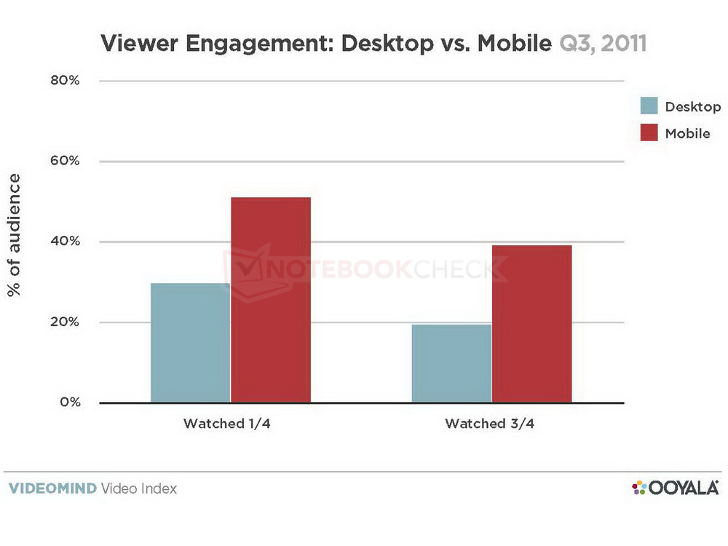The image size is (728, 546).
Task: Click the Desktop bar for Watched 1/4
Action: click(x=191, y=343)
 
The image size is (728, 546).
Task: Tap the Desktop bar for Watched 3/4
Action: click(x=451, y=363)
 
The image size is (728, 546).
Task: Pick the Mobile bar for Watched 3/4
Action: click(x=531, y=324)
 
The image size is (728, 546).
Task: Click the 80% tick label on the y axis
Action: click(x=64, y=81)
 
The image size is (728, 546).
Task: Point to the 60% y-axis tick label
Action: click(x=64, y=161)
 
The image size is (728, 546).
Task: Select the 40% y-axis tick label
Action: click(x=64, y=242)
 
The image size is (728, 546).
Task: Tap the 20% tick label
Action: click(x=64, y=323)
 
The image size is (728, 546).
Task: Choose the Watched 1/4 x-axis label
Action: click(x=228, y=424)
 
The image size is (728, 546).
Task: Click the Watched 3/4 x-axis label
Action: click(x=490, y=424)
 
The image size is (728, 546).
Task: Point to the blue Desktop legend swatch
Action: click(x=649, y=106)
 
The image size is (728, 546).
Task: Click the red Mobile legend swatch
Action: click(x=649, y=133)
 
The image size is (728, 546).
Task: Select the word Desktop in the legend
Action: click(x=692, y=107)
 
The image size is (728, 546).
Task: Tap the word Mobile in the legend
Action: click(x=687, y=134)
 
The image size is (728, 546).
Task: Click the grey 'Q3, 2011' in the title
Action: click(x=603, y=44)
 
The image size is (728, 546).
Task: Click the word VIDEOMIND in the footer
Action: click(x=52, y=488)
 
